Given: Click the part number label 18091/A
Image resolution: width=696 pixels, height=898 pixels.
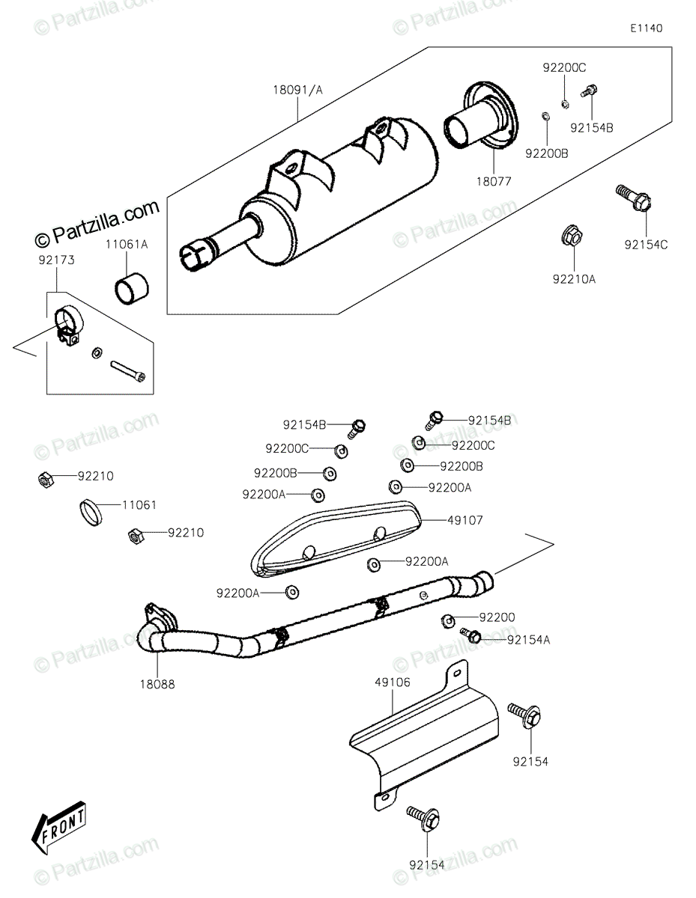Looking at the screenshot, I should (297, 90).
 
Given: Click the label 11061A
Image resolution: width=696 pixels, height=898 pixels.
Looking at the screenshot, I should (127, 245).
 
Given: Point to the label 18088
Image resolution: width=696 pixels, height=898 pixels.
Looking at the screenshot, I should (157, 683).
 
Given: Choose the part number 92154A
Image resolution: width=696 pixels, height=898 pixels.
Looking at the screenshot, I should (528, 640).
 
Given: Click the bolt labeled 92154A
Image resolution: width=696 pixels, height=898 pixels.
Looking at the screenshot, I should (472, 636).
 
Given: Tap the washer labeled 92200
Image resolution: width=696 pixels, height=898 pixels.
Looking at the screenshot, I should (447, 620).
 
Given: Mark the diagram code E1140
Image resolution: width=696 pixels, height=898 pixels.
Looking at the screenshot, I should (645, 28).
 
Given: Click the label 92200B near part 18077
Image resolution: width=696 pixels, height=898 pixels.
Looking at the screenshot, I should (546, 153).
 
